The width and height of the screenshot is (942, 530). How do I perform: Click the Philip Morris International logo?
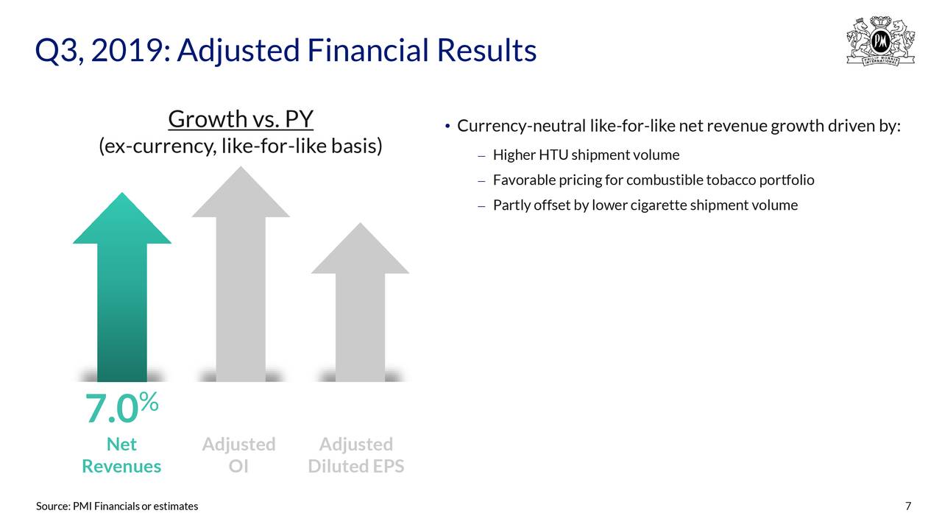click(x=880, y=40)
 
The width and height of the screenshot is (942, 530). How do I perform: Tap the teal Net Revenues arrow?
click(x=122, y=287)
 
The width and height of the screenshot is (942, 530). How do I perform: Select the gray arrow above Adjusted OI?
click(x=241, y=274)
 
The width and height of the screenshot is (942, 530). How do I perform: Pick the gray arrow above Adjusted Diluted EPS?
click(x=360, y=302)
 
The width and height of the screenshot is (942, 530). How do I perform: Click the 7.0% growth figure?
click(x=122, y=407)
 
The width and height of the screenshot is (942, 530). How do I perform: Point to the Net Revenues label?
click(x=121, y=455)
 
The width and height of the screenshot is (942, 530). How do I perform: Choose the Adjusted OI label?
click(x=239, y=455)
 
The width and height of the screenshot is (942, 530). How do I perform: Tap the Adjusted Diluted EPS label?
click(x=356, y=455)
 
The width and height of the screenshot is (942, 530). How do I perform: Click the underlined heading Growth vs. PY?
click(x=241, y=119)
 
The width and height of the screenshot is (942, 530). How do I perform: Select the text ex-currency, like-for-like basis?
click(x=241, y=146)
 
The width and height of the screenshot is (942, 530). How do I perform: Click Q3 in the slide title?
click(x=59, y=51)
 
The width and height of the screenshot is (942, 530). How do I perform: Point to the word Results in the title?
click(x=486, y=51)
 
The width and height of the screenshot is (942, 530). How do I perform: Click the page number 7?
click(x=908, y=506)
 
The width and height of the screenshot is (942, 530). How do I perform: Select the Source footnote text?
click(x=117, y=506)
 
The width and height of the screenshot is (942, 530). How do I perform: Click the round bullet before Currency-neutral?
click(x=447, y=126)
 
